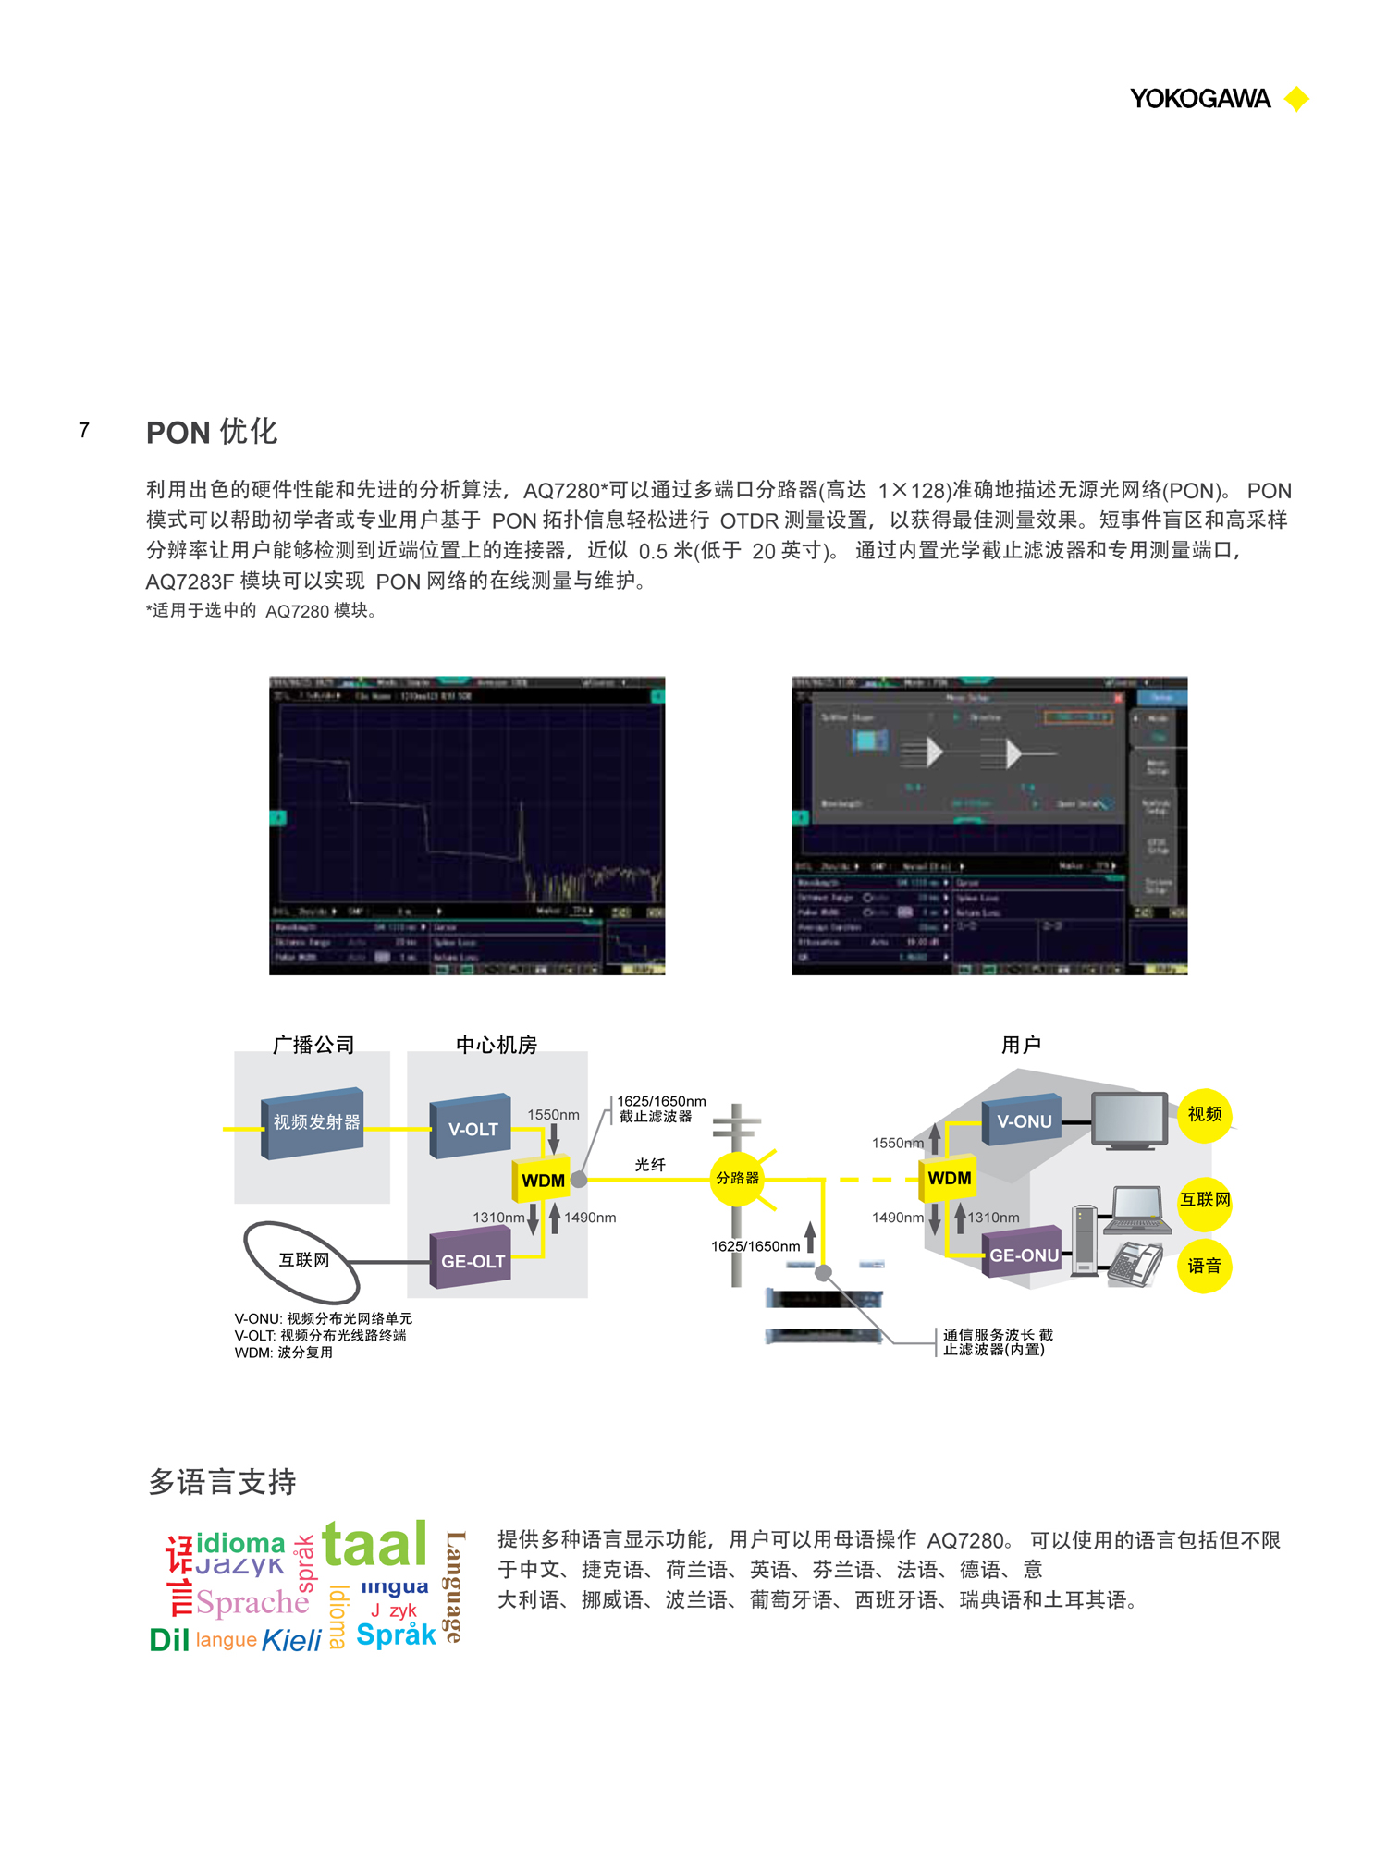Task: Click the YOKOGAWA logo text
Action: tap(1199, 99)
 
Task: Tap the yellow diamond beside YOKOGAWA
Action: tap(1296, 99)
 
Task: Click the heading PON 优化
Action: tap(212, 432)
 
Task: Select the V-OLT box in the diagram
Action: tap(472, 1127)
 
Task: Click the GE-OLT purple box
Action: tap(472, 1259)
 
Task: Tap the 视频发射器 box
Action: tap(314, 1122)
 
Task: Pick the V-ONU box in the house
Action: tap(1023, 1120)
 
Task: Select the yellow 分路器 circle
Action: tap(737, 1178)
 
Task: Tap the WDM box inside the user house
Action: tap(949, 1178)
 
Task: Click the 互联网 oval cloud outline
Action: tap(302, 1260)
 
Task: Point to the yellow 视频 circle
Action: tap(1204, 1114)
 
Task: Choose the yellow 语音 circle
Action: tap(1204, 1266)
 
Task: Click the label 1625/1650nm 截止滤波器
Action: tap(660, 1108)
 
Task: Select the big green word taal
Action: tap(374, 1545)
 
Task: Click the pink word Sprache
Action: tap(252, 1602)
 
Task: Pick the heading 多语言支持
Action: tap(222, 1482)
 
